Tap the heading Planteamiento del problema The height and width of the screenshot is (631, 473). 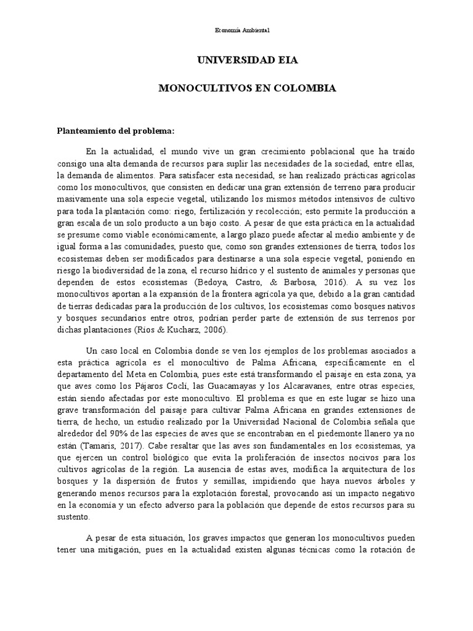(x=116, y=131)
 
